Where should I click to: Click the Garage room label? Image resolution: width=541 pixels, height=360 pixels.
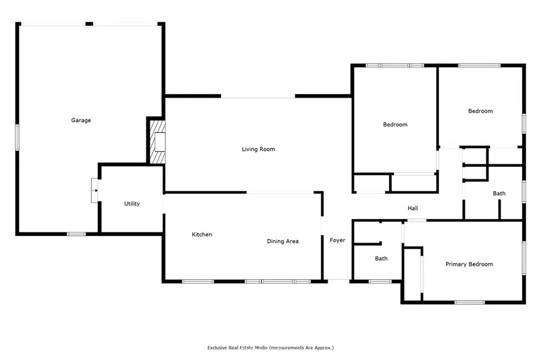[x=81, y=120]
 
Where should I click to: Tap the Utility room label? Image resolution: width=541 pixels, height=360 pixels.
[x=132, y=204]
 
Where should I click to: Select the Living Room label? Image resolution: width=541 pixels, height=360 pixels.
[x=258, y=149]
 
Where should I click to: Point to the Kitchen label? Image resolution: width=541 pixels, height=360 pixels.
[x=202, y=234]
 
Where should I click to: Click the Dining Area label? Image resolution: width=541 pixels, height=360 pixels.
[x=283, y=241]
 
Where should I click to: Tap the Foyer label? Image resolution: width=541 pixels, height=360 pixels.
[x=338, y=240]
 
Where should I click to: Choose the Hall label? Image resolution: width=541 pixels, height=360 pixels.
[x=413, y=209]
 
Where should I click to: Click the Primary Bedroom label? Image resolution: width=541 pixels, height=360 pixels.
[x=469, y=264]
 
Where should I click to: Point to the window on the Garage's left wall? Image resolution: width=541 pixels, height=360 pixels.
[x=17, y=138]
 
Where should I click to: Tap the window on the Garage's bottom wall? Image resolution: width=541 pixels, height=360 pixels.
[x=76, y=234]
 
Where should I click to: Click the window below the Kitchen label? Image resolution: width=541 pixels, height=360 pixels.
[x=198, y=282]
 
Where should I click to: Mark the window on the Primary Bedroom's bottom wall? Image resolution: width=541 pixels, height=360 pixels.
[x=470, y=303]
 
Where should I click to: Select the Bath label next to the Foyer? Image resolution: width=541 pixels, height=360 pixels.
[x=381, y=259]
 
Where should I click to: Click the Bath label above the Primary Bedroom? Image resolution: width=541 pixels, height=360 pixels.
[x=499, y=194]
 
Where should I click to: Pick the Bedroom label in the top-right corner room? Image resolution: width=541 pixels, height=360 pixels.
[x=480, y=111]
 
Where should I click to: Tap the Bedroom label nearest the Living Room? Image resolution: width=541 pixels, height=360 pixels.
[x=395, y=125]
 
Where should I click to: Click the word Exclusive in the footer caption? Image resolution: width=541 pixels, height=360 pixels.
[x=217, y=348]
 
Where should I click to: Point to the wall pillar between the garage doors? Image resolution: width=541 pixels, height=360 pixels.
[x=89, y=24]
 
